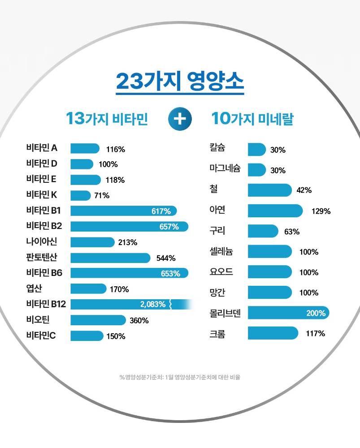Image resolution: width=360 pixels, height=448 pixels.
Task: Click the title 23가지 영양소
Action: pos(180,81)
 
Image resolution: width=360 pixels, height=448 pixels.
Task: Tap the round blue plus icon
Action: pos(179,119)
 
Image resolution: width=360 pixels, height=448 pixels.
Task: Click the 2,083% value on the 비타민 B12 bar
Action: pos(153,305)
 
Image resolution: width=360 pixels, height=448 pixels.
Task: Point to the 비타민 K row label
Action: pos(42,195)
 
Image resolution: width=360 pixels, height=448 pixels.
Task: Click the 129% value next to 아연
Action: pos(321,211)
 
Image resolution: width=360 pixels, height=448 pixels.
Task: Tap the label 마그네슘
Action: pos(225,169)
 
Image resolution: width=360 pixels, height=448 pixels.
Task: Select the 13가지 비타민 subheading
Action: pos(107,119)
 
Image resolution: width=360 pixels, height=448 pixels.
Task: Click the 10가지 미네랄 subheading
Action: pos(252,119)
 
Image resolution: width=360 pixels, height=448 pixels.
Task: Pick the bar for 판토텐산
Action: pos(110,258)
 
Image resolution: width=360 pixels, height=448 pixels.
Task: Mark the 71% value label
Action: pos(102,195)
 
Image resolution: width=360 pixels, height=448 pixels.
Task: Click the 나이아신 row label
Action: pos(42,242)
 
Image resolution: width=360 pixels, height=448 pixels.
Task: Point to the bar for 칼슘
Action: pos(256,150)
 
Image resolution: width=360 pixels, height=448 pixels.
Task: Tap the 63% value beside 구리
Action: pos(292,232)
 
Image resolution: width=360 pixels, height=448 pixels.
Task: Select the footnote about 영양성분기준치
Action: pos(180,377)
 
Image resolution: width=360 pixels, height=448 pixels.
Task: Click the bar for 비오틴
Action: pos(98,320)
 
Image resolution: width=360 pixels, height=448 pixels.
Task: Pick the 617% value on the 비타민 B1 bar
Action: pos(161,211)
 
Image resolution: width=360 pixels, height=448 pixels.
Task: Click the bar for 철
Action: pos(269,190)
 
